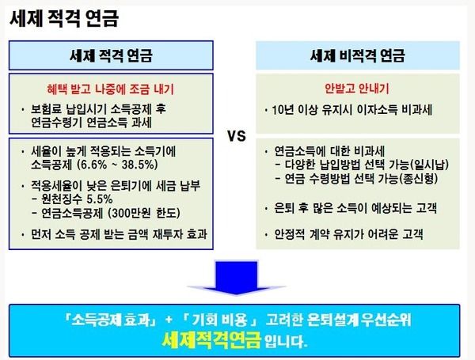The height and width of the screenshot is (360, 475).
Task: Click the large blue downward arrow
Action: [236, 277]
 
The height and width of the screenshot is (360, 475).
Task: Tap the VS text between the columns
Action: [237, 136]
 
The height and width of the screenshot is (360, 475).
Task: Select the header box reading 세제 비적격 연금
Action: [358, 55]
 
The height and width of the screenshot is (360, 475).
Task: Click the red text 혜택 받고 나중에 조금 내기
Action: [110, 89]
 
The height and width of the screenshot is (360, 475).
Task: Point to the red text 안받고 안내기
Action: [356, 88]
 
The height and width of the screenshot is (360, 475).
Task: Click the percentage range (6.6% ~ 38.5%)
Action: [117, 165]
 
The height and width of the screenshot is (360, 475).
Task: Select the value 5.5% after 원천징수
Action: [100, 199]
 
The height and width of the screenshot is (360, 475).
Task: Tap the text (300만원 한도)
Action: [144, 213]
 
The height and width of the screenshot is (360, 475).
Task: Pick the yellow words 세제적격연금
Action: [211, 340]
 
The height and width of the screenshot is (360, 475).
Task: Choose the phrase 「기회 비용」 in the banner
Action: [221, 320]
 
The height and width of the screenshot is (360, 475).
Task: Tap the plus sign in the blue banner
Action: [169, 320]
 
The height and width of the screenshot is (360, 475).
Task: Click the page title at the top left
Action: [64, 18]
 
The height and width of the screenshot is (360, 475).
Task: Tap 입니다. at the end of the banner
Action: [286, 341]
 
